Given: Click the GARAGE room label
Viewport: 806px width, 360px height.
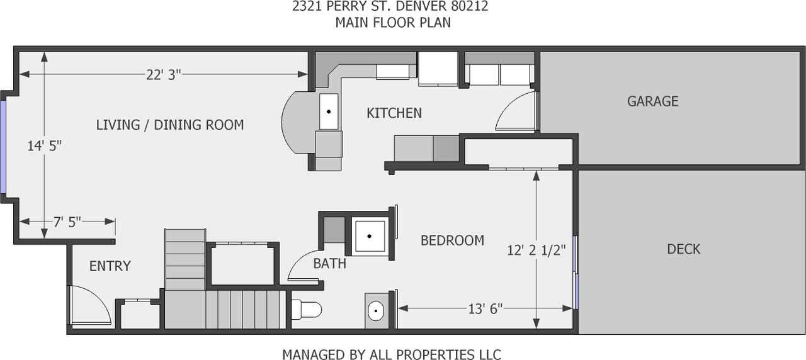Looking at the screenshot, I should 652,101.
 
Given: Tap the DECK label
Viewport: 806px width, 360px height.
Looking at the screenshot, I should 683,249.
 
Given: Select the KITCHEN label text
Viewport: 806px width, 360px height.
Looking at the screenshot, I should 394,113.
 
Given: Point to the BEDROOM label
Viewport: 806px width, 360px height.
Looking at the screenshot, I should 452,240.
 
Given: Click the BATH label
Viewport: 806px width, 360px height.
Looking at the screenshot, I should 329,264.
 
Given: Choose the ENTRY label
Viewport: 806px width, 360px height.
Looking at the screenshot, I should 110,266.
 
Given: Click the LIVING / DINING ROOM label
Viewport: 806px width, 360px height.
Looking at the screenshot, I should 169,125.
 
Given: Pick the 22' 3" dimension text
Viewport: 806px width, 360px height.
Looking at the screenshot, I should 163,74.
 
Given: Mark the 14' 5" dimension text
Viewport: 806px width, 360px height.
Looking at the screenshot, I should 44,146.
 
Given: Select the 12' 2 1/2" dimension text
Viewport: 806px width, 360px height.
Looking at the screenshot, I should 536,250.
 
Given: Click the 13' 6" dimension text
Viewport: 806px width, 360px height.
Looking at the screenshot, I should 484,308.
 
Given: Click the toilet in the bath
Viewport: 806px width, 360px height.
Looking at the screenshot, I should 308,310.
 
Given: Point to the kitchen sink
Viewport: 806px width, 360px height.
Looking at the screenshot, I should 329,111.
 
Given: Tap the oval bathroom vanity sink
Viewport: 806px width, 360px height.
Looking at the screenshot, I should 376,310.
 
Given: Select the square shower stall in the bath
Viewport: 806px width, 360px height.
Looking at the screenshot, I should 370,236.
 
